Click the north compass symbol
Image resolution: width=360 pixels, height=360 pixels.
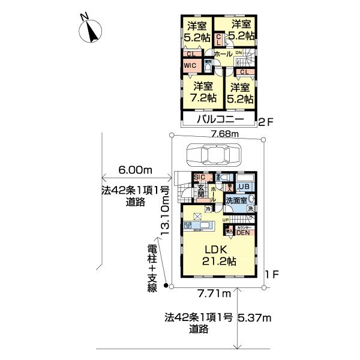click(x=91, y=29)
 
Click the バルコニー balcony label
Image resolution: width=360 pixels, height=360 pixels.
click(x=218, y=121)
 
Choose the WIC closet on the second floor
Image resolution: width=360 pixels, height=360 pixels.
click(x=190, y=65)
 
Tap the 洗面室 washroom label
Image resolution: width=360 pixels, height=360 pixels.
click(x=236, y=200)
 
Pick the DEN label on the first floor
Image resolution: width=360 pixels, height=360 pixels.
click(x=243, y=233)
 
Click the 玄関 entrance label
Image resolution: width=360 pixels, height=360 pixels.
click(x=202, y=193)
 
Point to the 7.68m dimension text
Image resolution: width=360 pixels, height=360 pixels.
click(x=223, y=133)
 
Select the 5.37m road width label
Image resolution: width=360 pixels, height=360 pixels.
click(x=255, y=317)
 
